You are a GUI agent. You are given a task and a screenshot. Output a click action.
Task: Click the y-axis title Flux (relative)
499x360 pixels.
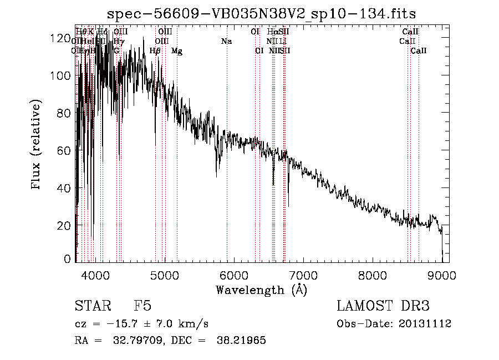tap(37, 145)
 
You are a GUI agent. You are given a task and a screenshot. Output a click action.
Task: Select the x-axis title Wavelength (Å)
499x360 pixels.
tap(261, 290)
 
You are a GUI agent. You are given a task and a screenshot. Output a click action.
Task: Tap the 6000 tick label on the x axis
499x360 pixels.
tap(234, 274)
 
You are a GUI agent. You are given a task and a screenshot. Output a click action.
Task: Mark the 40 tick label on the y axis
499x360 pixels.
tap(64, 188)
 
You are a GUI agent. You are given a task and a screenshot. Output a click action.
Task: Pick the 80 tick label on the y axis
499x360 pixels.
tap(64, 113)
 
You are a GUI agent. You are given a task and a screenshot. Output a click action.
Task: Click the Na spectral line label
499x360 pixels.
tap(226, 42)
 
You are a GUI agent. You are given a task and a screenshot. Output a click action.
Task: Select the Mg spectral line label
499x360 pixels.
tap(177, 51)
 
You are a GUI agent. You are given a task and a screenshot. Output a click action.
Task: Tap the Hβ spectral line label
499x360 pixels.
tap(155, 51)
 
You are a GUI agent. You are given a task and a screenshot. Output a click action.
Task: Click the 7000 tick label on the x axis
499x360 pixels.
tap(303, 274)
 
